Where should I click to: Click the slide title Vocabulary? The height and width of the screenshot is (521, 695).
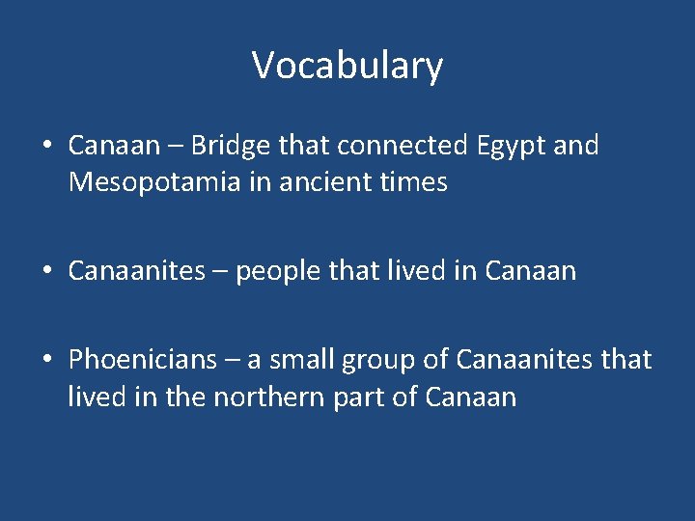point(347,66)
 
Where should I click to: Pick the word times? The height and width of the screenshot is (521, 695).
point(414,182)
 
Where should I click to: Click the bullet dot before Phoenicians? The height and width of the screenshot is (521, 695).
point(47,361)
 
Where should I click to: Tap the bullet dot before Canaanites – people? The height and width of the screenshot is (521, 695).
point(47,272)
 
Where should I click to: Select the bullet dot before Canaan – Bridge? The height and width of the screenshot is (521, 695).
point(47,147)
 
